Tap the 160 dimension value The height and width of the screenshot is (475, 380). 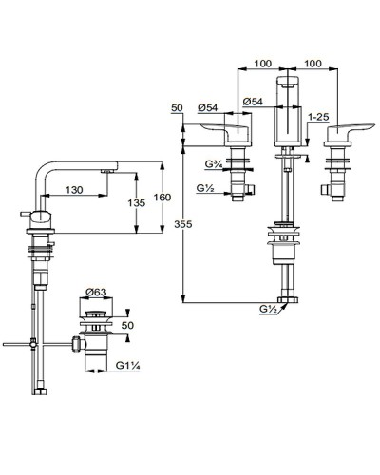pos(164,198)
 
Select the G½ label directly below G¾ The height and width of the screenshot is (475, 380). pos(205,190)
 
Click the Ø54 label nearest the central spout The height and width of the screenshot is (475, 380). pos(252,102)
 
